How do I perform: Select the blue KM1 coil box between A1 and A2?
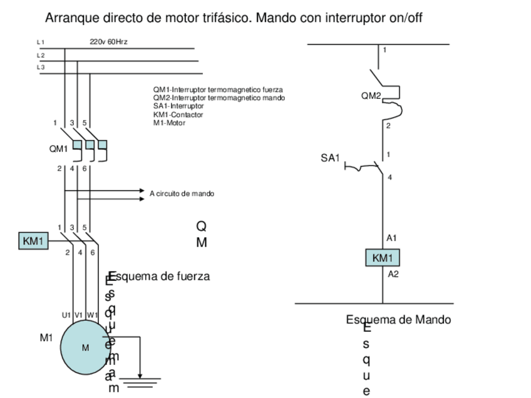pyautogui.click(x=382, y=258)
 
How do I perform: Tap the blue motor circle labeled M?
pyautogui.click(x=86, y=347)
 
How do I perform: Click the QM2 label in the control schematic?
pyautogui.click(x=371, y=96)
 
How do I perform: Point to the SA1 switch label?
pyautogui.click(x=330, y=159)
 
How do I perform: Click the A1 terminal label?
pyautogui.click(x=391, y=238)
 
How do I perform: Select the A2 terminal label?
pyautogui.click(x=393, y=273)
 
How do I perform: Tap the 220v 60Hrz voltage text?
pyautogui.click(x=109, y=41)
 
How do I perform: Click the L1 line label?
pyautogui.click(x=41, y=42)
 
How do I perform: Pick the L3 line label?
pyautogui.click(x=41, y=67)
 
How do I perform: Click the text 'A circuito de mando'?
pyautogui.click(x=182, y=193)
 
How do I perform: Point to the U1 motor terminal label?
pyautogui.click(x=66, y=315)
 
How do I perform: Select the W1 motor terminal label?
pyautogui.click(x=92, y=315)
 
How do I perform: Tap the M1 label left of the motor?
pyautogui.click(x=46, y=338)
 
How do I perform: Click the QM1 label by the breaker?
pyautogui.click(x=58, y=149)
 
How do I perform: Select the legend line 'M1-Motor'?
pyautogui.click(x=169, y=123)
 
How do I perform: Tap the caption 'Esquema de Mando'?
pyautogui.click(x=398, y=320)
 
